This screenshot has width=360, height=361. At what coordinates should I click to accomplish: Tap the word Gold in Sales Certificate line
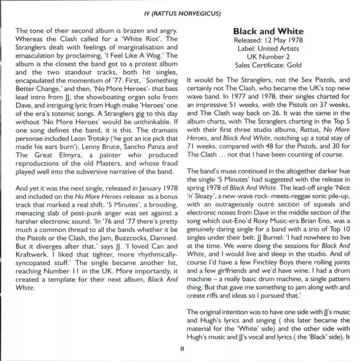coord(291,65)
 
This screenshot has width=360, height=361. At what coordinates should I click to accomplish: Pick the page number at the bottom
coord(180,347)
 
